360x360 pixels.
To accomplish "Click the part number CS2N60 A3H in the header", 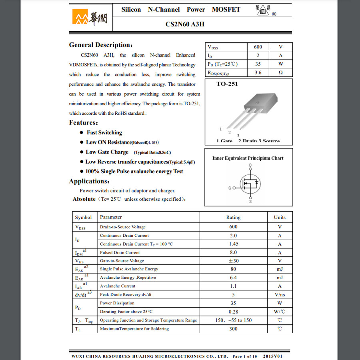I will click(x=185, y=24).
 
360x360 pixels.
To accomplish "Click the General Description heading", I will click(x=100, y=45).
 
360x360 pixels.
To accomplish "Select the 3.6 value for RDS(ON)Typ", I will click(x=258, y=72).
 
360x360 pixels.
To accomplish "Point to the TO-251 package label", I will click(x=227, y=84).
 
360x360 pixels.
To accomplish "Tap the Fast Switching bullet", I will click(x=104, y=132).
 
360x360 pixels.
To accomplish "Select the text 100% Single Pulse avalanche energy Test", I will click(x=134, y=171).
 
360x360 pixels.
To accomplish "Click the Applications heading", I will click(x=89, y=181).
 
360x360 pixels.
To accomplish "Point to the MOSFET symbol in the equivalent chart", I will click(x=250, y=184).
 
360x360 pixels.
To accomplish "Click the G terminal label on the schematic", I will click(x=230, y=188).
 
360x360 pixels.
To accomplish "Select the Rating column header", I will click(x=233, y=217).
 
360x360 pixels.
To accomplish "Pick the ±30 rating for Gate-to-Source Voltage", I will click(x=233, y=261).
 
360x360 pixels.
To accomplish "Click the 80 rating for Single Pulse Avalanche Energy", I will click(x=233, y=269).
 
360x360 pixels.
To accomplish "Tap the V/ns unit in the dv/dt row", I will click(x=280, y=295).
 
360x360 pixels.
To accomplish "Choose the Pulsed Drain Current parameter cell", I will click(x=120, y=252).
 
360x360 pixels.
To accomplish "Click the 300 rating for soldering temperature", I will click(x=233, y=329).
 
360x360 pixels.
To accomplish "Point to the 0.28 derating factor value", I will click(x=233, y=312).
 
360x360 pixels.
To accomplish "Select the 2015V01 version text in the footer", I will click(x=272, y=356).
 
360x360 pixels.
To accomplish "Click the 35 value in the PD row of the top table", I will click(x=258, y=64).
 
